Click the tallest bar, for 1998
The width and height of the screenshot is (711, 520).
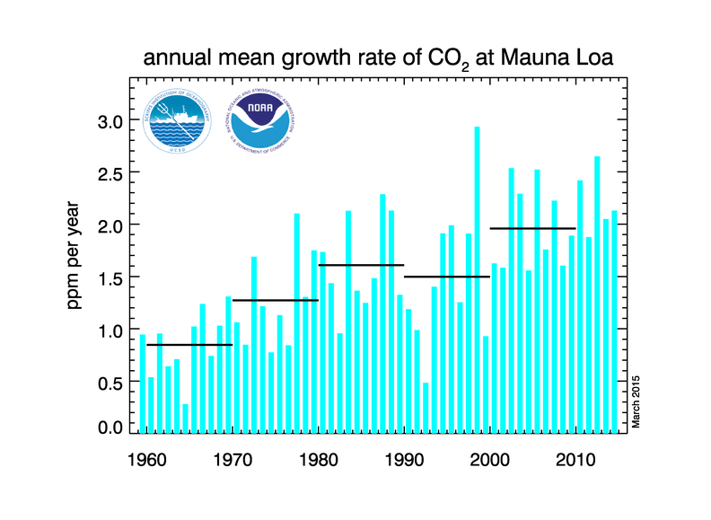point(477,278)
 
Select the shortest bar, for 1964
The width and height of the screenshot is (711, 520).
point(186,419)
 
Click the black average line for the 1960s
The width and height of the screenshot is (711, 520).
point(189,345)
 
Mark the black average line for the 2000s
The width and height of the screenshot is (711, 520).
point(532,229)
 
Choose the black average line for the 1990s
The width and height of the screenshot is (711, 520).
point(447,277)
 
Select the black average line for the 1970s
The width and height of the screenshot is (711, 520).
point(276,300)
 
